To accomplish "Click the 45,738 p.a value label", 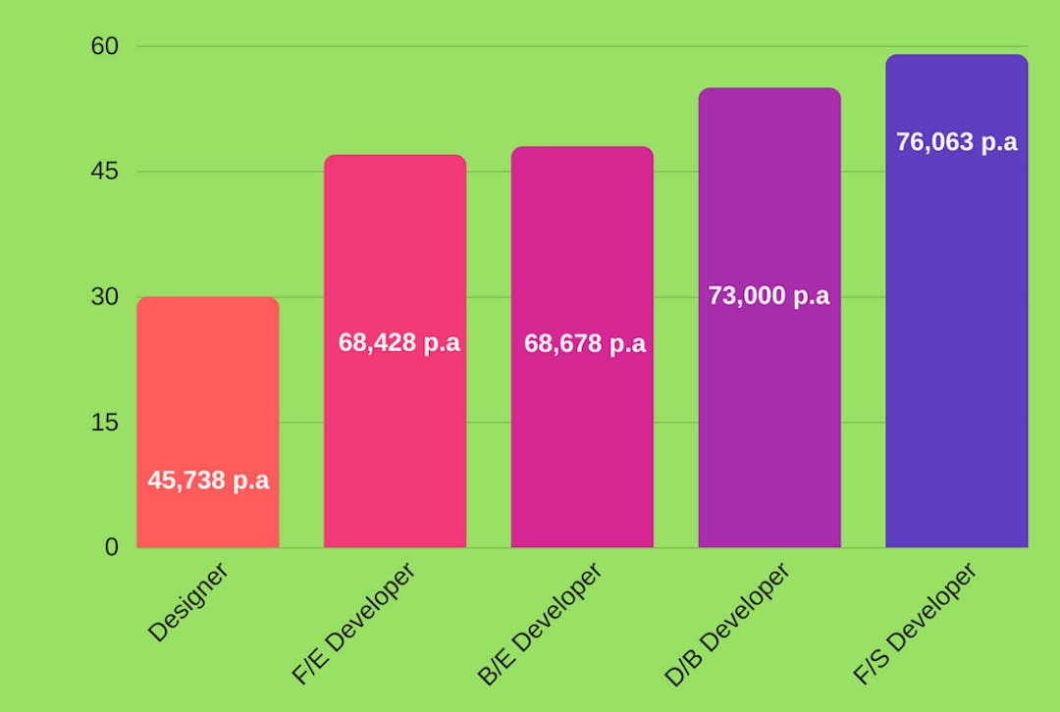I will (208, 481).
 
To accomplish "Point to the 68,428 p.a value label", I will (398, 343).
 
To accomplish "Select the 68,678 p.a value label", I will (585, 344).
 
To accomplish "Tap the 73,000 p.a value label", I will (768, 295).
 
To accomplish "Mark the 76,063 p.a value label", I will (956, 142).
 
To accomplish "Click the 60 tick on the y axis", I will (104, 46).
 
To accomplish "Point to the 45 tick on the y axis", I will (104, 172).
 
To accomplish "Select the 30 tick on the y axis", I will (104, 297).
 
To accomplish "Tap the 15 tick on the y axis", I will (104, 423).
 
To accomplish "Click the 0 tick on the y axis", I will (112, 547).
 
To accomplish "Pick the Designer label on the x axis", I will (188, 601).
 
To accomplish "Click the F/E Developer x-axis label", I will (353, 623).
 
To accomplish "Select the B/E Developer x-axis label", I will (540, 623).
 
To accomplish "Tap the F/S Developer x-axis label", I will (915, 623).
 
